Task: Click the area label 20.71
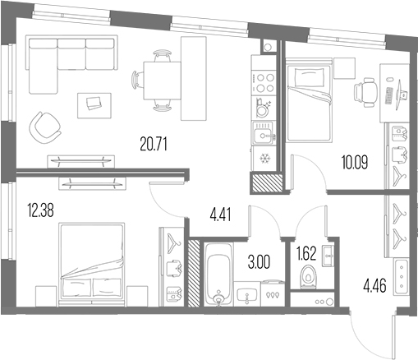point(154,145)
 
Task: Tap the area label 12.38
point(40,211)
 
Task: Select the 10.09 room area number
point(355,162)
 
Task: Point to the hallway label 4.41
point(220,215)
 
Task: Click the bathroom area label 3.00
point(259,262)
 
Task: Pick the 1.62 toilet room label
point(306,253)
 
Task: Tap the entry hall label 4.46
point(374,286)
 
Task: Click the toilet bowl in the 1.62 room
point(309,277)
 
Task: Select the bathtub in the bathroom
point(218,274)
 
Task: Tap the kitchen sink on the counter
point(264,133)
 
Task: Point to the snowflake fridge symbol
point(264,159)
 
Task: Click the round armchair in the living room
point(45,128)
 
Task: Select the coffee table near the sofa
point(94,106)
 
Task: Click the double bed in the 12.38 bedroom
point(92,265)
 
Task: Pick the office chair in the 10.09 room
point(365,92)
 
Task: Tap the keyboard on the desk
point(388,96)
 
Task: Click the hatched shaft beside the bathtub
point(195,274)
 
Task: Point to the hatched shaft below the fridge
point(267,182)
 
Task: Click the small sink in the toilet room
point(328,256)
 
